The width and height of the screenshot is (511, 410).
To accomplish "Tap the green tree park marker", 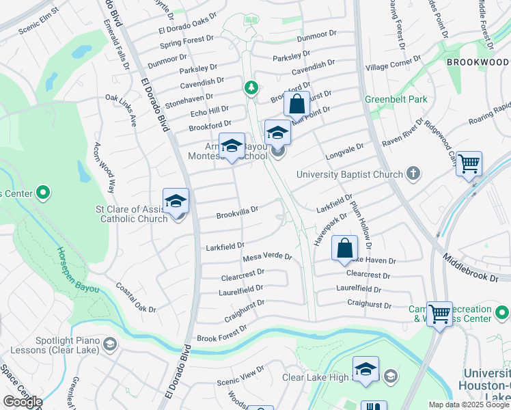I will [251, 87].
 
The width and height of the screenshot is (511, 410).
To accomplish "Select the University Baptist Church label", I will [349, 174].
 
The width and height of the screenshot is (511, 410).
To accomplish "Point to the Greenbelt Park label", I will [396, 99].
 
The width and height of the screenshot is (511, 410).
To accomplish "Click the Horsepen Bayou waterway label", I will [77, 270].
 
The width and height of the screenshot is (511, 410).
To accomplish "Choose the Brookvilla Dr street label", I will [237, 214].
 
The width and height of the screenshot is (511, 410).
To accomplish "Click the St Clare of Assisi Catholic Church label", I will [134, 214].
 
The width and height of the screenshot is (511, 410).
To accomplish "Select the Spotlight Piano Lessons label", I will [53, 345].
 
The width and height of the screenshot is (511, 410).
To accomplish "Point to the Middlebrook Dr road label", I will [476, 266].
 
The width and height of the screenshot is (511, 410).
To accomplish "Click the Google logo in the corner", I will [22, 402].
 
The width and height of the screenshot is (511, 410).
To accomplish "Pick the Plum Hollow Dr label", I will [361, 225].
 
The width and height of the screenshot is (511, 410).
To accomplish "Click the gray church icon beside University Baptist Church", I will [413, 174].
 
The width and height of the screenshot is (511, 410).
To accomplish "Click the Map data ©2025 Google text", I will [468, 405].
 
